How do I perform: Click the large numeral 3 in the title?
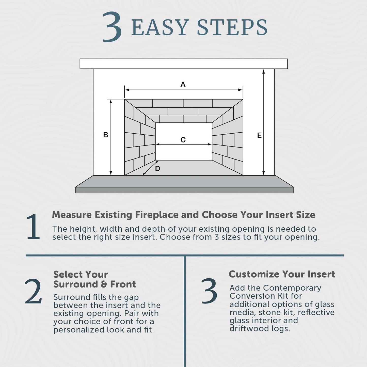112,27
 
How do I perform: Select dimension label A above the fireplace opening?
183,84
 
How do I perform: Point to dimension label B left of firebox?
106,135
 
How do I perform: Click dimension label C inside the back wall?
183,140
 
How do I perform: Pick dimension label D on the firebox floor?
157,169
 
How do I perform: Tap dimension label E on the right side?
259,135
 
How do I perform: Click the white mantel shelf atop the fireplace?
184,64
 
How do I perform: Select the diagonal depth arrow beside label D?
150,168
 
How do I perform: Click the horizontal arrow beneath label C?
184,144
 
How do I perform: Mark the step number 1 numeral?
33,227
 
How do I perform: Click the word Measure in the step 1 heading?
72,215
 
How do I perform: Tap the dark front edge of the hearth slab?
184,190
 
